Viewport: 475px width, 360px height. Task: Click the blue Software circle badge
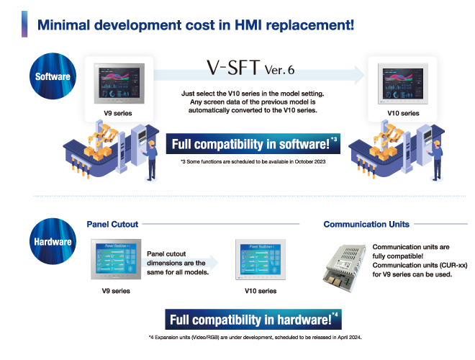point(53,76)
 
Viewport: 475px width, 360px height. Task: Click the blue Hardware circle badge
point(53,241)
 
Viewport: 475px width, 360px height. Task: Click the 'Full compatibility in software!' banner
point(254,144)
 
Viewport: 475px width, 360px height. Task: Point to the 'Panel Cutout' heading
point(112,224)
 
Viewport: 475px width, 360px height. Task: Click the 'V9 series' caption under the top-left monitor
point(118,114)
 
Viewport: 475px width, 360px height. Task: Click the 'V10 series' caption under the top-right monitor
point(402,114)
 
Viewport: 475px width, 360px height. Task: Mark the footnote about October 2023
point(254,162)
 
